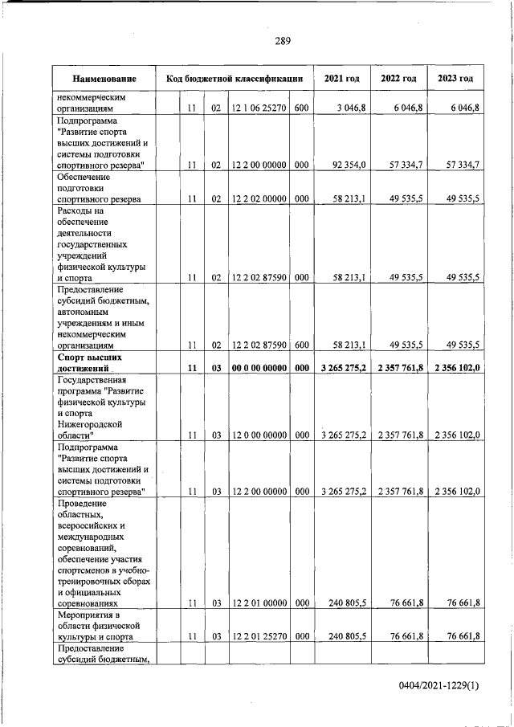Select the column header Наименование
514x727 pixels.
104,79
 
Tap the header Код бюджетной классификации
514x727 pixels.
234,79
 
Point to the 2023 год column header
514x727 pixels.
455,79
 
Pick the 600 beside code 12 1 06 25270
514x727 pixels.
301,108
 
